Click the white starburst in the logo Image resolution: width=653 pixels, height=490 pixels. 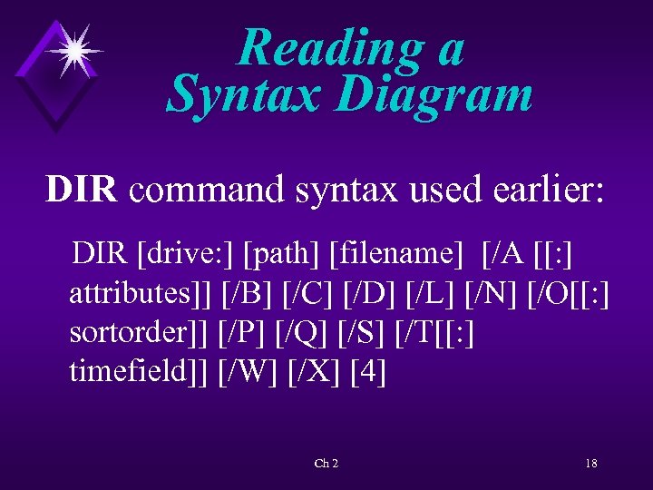click(73, 49)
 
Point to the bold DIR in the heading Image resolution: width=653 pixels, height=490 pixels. click(82, 190)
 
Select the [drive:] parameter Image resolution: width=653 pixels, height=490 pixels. click(186, 254)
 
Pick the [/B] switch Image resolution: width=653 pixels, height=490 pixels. click(247, 294)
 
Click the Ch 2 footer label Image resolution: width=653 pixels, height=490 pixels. click(326, 464)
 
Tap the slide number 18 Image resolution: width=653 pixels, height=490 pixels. click(590, 464)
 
